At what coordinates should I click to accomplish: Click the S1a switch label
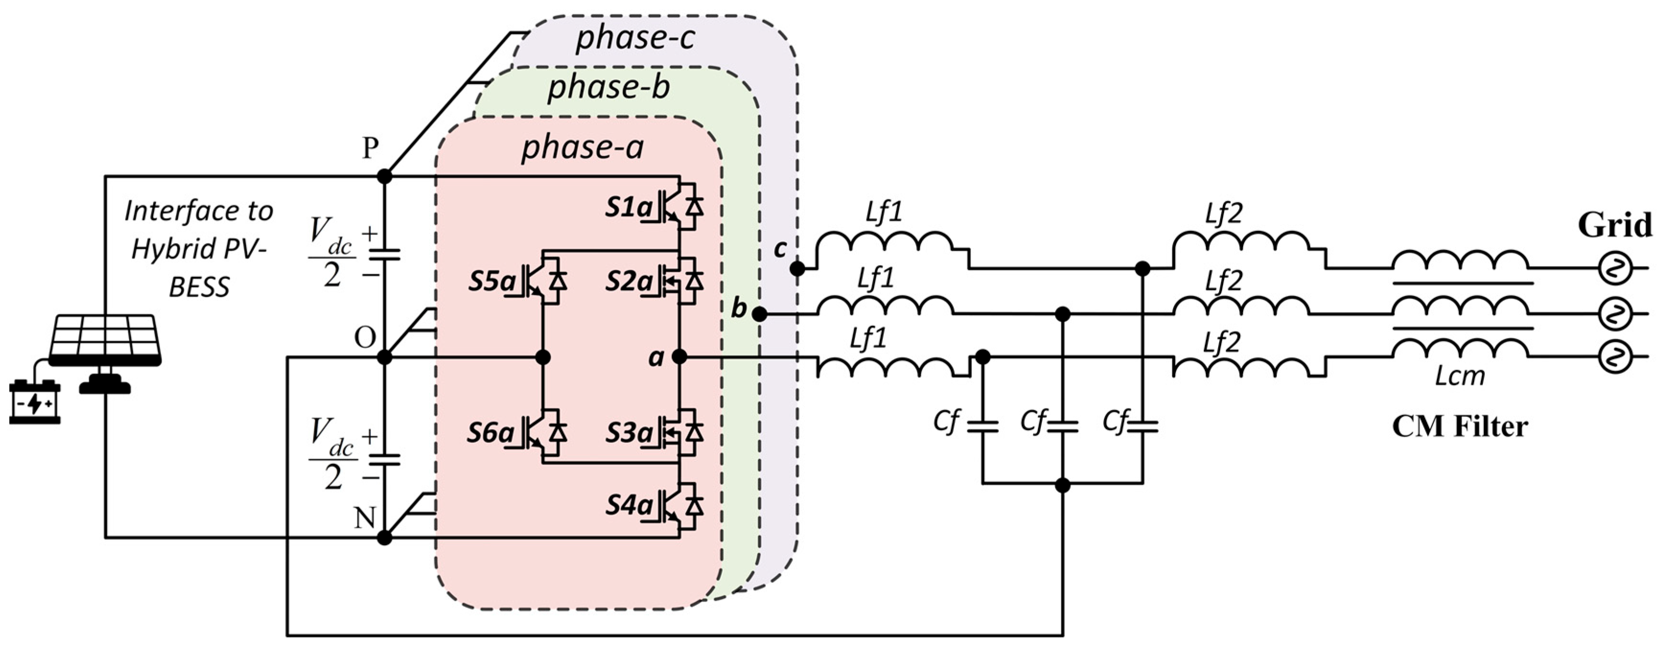click(628, 208)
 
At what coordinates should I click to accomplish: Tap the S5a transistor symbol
click(545, 282)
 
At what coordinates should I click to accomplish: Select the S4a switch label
click(628, 505)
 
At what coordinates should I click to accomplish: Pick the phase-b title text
click(609, 88)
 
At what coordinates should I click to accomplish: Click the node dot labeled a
click(679, 357)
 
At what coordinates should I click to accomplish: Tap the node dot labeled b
click(760, 314)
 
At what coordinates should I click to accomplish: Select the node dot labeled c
click(797, 268)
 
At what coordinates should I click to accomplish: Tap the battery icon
click(35, 403)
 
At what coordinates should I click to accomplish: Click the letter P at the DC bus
click(369, 149)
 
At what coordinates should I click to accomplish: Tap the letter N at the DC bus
click(365, 517)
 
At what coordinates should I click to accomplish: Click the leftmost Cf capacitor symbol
click(982, 426)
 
